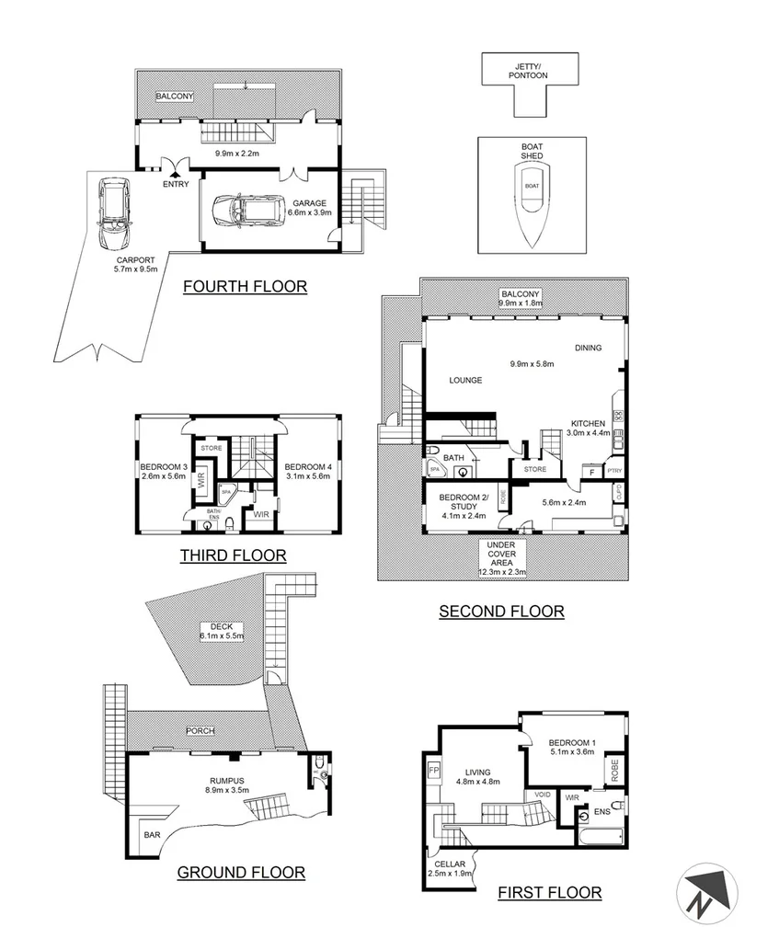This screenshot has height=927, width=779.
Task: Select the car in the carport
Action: point(114,215)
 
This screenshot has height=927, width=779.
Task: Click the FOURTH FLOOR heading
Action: point(245,286)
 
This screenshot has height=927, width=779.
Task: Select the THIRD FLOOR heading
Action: point(233,555)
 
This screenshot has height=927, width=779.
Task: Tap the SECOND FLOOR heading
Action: point(501,611)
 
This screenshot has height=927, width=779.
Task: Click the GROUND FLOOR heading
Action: point(241,872)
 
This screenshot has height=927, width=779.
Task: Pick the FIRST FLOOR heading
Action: point(549,892)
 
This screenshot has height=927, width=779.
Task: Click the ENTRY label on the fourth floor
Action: point(176,184)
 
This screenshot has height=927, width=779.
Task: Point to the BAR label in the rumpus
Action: point(149,835)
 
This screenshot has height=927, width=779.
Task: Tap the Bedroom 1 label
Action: point(571,743)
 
